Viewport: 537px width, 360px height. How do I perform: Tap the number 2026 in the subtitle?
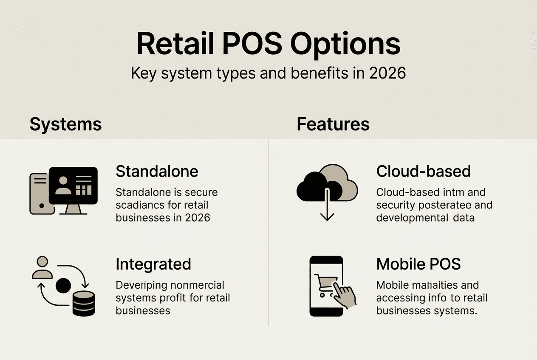point(387,73)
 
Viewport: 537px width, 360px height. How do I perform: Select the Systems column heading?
point(65,124)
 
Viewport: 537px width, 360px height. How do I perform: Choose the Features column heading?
point(333,124)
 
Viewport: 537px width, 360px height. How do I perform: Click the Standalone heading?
point(157,172)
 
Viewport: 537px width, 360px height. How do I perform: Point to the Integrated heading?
point(153,264)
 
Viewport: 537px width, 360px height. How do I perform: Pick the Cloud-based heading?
point(423,172)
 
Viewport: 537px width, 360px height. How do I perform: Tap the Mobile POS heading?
point(418,264)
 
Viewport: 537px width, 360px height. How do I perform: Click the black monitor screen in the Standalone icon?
point(73,185)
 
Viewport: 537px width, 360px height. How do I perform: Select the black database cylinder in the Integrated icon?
point(84,304)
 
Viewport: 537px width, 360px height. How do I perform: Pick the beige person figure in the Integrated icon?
point(42,268)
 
